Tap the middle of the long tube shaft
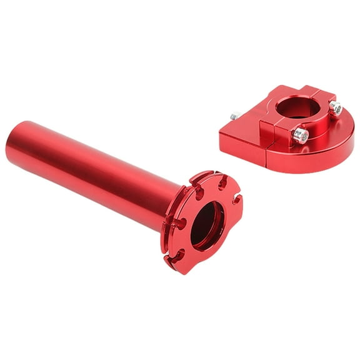tap(94, 169)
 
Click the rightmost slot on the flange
tap(236, 199)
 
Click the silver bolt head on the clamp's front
tap(301, 134)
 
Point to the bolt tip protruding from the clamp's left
tap(235, 116)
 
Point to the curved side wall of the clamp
tap(331, 150)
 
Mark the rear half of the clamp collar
tap(294, 91)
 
